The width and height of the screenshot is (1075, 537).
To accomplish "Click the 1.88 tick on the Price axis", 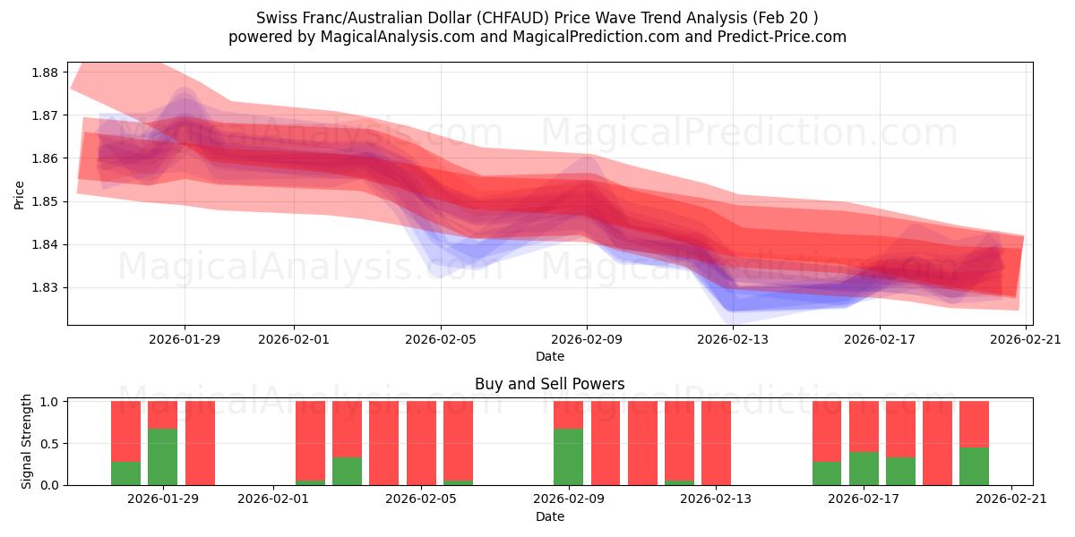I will (x=45, y=72).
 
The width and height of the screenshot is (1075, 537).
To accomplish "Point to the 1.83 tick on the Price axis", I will (x=45, y=287).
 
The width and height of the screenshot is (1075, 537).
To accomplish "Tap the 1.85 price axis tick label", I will (x=45, y=201).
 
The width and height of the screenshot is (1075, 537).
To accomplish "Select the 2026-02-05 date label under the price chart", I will (x=441, y=339).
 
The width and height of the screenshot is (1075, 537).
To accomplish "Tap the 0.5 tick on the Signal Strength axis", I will (x=49, y=443).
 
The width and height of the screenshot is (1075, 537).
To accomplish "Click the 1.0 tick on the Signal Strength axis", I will (x=49, y=402).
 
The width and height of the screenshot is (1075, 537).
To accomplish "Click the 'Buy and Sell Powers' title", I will (x=549, y=384).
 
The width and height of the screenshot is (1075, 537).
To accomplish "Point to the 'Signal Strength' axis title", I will (x=27, y=441).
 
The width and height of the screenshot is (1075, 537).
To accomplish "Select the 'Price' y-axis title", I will (x=20, y=194).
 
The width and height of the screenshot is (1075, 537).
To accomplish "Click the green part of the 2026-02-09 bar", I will (x=568, y=456).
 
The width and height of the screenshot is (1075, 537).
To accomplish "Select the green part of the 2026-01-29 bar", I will (x=162, y=456).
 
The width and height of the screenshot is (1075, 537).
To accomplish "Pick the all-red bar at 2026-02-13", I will (x=716, y=443).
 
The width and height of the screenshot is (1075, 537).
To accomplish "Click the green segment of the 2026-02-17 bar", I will (x=864, y=468).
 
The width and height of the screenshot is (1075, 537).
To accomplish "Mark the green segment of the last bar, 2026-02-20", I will (x=974, y=465).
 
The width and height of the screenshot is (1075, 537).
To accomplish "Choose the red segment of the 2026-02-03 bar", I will (x=347, y=429).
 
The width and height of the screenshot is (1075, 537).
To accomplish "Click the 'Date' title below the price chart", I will (x=549, y=356).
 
